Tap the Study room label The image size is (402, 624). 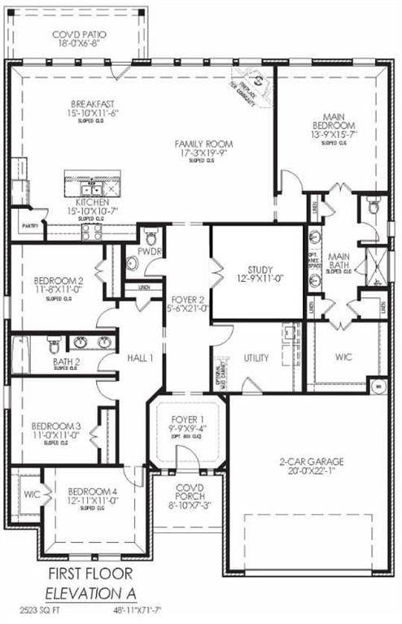point(261,270)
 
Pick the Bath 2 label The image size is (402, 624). point(66,362)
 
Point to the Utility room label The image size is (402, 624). point(256,358)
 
